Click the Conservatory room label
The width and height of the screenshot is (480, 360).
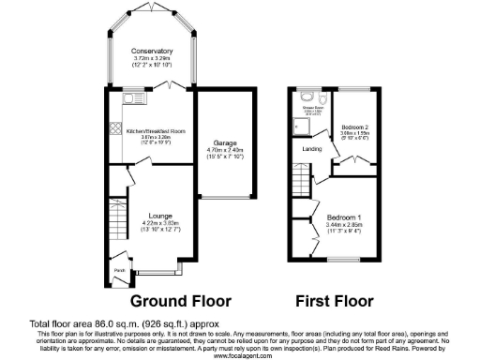pos(151,51)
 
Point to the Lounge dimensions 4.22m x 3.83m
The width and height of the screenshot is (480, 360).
pos(154,223)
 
